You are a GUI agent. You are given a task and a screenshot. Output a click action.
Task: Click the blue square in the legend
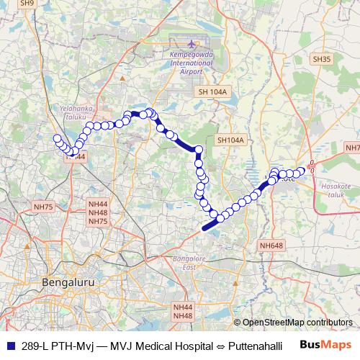(x=9, y=346)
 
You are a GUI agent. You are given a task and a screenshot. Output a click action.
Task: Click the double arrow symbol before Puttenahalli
(x=220, y=346)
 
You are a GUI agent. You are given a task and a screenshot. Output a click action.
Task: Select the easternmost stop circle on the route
(x=301, y=171)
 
